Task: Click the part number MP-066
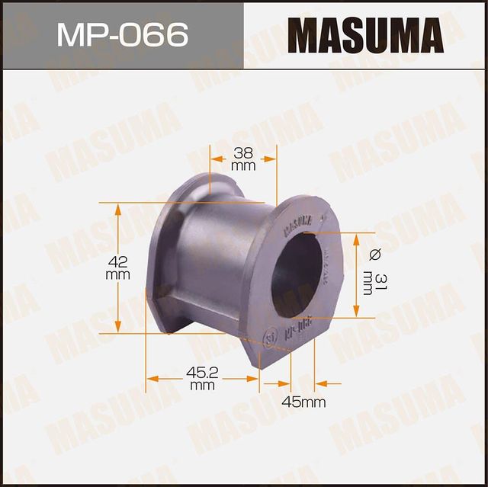[122, 35]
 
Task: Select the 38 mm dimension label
[242, 158]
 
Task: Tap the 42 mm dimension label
[117, 268]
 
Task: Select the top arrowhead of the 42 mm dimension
[117, 208]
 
